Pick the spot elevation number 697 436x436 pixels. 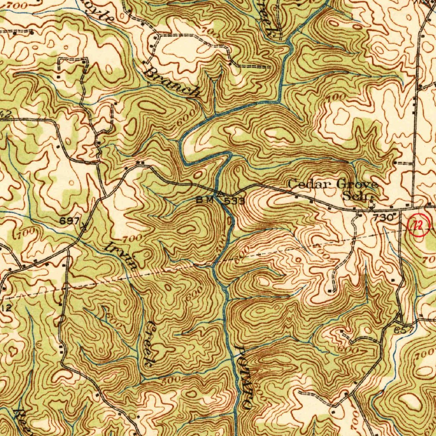coord(70,221)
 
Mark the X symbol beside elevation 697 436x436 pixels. coord(84,226)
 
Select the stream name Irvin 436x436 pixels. coord(122,255)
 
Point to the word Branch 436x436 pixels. coord(172,82)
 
